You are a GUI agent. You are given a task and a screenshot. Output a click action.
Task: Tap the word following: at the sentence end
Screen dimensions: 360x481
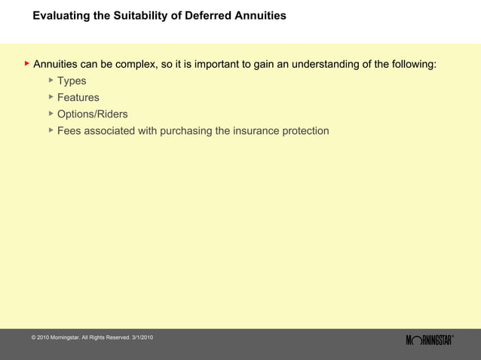pyautogui.click(x=409, y=64)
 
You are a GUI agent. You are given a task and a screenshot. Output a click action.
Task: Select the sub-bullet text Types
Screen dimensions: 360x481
pyautogui.click(x=72, y=81)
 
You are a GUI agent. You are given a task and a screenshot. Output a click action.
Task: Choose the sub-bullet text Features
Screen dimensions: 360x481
pyautogui.click(x=78, y=97)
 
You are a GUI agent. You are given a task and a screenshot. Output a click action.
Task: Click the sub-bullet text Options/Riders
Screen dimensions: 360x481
pyautogui.click(x=92, y=114)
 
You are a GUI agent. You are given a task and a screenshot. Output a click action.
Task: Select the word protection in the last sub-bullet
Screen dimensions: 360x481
pyautogui.click(x=305, y=130)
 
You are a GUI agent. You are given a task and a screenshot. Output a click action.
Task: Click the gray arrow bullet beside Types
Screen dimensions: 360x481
pyautogui.click(x=51, y=80)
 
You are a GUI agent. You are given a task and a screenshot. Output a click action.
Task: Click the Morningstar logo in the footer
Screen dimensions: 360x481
pyautogui.click(x=429, y=340)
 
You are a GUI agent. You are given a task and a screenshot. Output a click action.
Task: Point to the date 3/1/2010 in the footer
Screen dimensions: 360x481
pyautogui.click(x=142, y=336)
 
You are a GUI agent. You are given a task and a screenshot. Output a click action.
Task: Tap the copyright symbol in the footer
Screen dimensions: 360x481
pyautogui.click(x=34, y=336)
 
